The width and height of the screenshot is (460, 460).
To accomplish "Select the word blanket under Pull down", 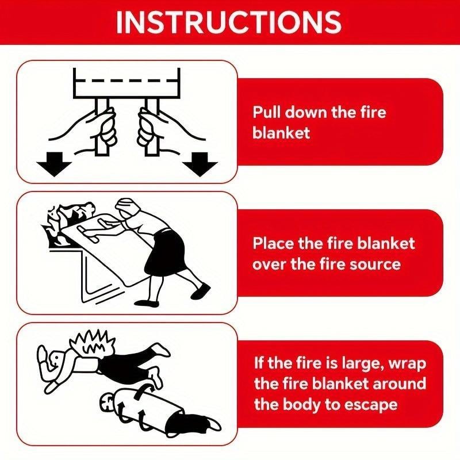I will point(281,133).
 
